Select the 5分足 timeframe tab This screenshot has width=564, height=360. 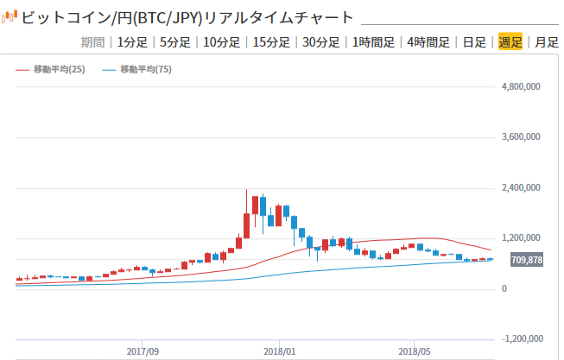click(175, 41)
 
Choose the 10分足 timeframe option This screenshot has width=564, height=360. click(222, 41)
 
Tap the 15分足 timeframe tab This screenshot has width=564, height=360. click(271, 41)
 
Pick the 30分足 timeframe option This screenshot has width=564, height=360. click(321, 41)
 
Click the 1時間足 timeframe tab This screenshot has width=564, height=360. click(374, 41)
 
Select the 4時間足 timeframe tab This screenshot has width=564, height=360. click(428, 41)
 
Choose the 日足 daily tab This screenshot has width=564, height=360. click(474, 41)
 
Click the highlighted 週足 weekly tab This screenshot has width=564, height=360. click(510, 41)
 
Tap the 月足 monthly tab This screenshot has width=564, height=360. click(546, 41)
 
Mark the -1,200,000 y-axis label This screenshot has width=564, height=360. click(518, 339)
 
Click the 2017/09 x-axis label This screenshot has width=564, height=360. click(143, 351)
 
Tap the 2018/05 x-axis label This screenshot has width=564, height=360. click(415, 351)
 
